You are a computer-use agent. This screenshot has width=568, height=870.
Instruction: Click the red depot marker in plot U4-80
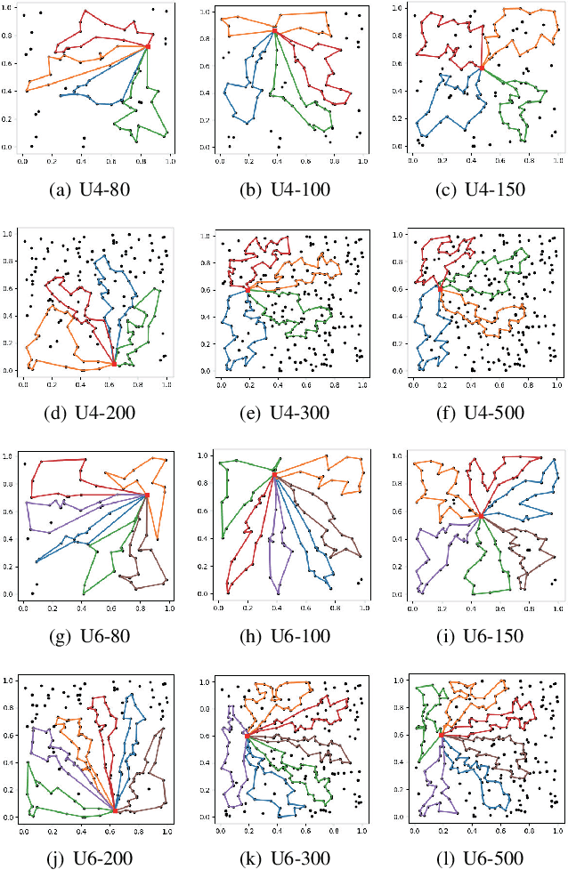tap(148, 46)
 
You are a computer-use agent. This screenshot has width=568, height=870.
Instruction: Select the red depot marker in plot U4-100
tap(275, 31)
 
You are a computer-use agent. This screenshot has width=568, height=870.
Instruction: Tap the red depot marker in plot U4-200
tap(114, 363)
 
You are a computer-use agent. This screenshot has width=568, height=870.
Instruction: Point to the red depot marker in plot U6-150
tap(481, 515)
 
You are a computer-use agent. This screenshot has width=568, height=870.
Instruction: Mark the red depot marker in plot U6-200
tap(114, 810)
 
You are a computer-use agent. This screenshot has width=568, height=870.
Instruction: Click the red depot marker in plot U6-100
tap(274, 477)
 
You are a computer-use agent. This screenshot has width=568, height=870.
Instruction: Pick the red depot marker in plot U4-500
tap(440, 288)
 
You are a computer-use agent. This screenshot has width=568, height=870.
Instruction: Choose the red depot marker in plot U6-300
tap(247, 735)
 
